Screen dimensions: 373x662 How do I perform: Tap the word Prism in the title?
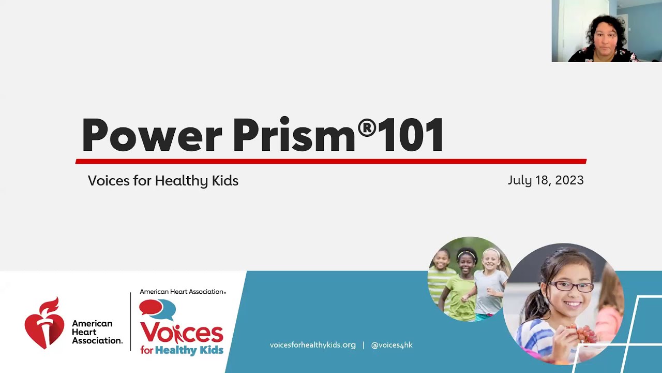coord(294,135)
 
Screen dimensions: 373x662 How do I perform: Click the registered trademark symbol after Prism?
coord(367,127)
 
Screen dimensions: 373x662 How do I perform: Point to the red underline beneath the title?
coord(331,161)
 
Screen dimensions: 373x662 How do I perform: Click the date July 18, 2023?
coord(546,180)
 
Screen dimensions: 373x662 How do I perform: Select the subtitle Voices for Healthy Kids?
coord(163,181)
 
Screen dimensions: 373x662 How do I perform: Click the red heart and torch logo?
coord(44,323)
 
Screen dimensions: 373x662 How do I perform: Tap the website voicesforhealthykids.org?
coord(313,345)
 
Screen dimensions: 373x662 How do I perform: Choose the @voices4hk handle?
coord(392,345)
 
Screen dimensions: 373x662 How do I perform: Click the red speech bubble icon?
coord(149,307)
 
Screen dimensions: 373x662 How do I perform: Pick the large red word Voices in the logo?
coord(181,333)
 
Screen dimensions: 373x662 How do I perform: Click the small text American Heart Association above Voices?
coord(182,292)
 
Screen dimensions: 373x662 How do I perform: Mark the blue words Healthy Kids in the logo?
coord(190,350)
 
